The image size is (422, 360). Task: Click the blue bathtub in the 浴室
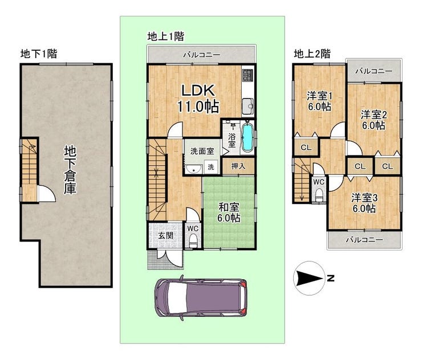coord(247,137)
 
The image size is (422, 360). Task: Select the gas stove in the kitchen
coord(247,75)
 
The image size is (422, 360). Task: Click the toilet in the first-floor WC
coord(193,240)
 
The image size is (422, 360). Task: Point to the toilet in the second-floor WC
coord(319,194)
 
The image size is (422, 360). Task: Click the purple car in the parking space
coord(200,298)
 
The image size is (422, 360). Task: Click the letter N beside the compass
coord(331,279)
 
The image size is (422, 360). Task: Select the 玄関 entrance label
coord(165,235)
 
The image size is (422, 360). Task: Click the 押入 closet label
coord(238,166)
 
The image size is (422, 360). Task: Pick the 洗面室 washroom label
coord(202,151)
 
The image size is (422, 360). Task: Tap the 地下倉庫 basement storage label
coord(70,170)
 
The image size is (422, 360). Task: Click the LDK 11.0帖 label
coord(198,99)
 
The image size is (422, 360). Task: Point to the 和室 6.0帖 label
coord(229,212)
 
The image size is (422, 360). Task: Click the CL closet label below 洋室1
coord(306,148)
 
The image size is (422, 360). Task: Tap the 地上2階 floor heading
coord(312,54)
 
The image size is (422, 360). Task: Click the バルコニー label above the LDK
coord(202,55)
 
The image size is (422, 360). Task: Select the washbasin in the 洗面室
coord(193,169)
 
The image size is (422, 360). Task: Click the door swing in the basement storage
coord(47,193)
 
